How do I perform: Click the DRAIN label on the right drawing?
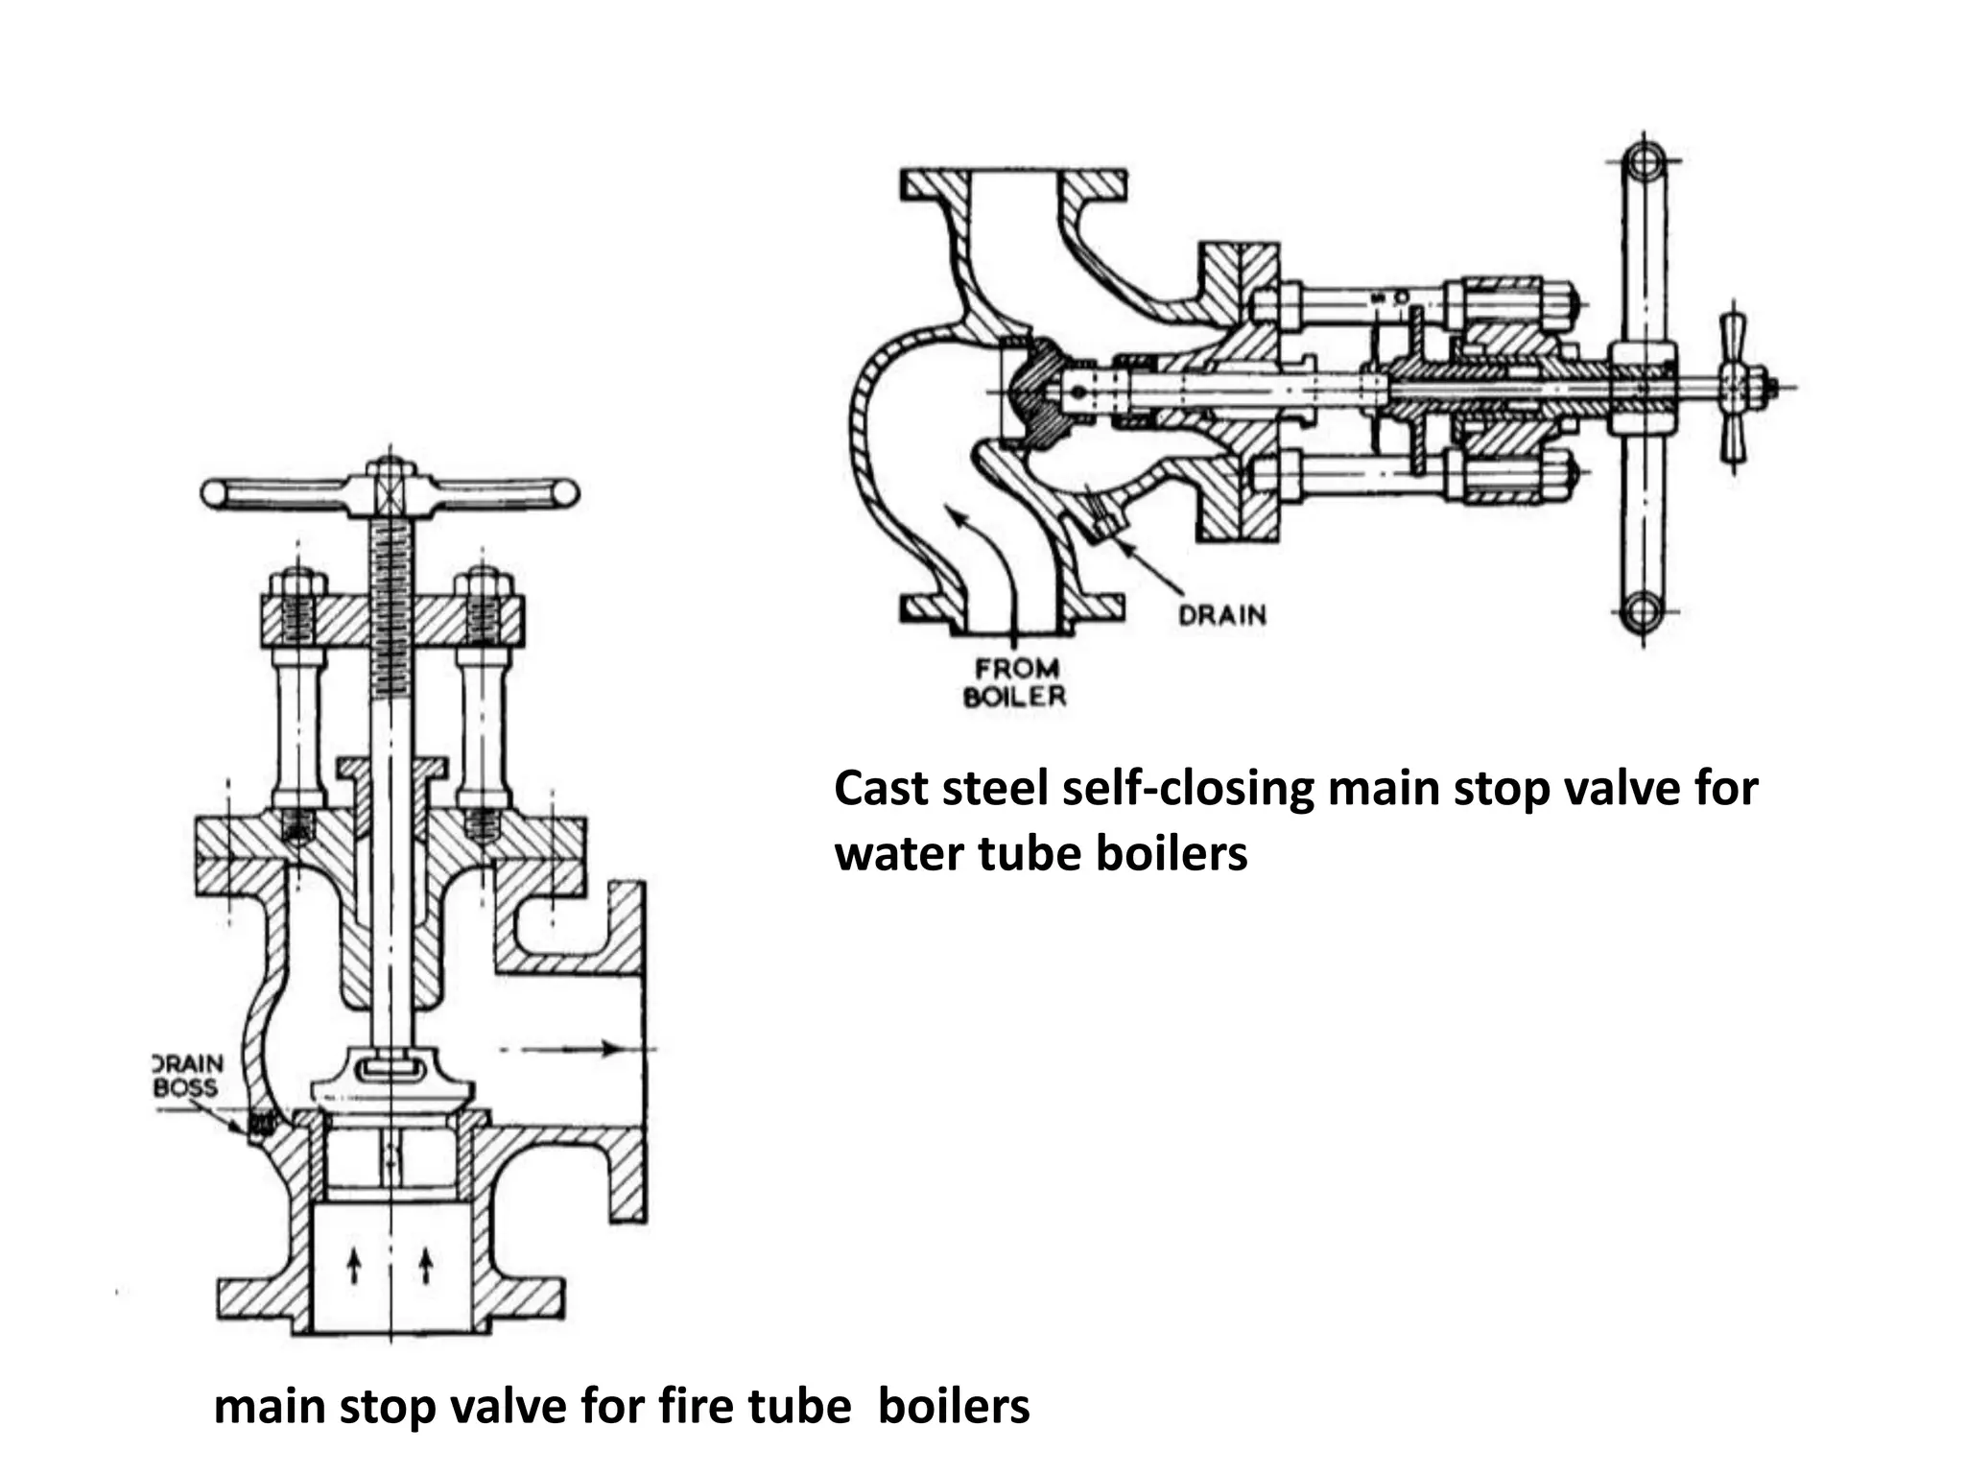coord(1221,614)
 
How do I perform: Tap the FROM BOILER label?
coord(1014,682)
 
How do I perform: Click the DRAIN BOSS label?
coord(188,1076)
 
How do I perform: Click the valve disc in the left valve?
coord(391,1080)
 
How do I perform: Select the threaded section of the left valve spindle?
coord(391,605)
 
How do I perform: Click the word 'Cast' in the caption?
coord(881,789)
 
